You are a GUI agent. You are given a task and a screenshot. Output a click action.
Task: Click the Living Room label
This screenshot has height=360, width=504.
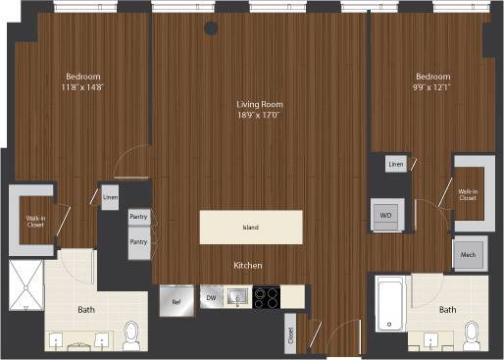(259, 104)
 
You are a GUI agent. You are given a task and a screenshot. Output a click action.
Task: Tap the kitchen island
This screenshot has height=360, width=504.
(250, 228)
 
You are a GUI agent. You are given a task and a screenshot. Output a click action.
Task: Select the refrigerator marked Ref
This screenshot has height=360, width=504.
(176, 297)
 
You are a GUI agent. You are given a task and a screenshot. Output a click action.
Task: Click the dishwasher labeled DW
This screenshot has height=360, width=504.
(208, 297)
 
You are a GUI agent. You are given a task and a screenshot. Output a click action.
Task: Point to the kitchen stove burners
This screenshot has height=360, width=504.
(265, 297)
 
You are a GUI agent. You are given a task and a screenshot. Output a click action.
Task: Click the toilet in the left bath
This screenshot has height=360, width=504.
(133, 336)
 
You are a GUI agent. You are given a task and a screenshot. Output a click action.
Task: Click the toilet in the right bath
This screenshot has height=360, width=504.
(472, 334)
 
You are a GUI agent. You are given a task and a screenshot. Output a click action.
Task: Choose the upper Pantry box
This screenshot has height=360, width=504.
(138, 217)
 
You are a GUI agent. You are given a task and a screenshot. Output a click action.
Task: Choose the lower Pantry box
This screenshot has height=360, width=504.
(138, 241)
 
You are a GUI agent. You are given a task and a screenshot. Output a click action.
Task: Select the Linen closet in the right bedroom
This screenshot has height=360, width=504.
(396, 165)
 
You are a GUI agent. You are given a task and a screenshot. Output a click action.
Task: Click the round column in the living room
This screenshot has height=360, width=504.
(211, 28)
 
